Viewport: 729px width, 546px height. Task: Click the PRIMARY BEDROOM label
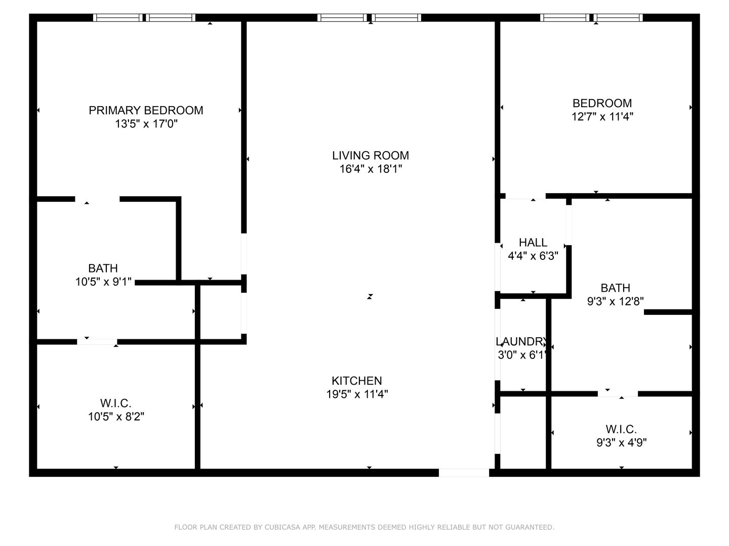(x=146, y=110)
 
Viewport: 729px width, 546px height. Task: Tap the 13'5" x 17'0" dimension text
(x=146, y=124)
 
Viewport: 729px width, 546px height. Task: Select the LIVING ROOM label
(x=371, y=156)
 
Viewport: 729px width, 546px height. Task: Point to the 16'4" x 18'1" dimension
(x=371, y=169)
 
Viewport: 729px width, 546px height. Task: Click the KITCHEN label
(x=357, y=381)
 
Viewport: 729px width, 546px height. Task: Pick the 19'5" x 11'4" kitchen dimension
(x=357, y=394)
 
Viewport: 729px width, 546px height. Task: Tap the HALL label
(x=533, y=243)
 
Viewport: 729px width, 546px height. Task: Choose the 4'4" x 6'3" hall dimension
(x=533, y=256)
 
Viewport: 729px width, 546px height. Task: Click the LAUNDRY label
(x=521, y=341)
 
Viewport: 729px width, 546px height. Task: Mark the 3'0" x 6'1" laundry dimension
(x=522, y=355)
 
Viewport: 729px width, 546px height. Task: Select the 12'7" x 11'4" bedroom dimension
(x=602, y=117)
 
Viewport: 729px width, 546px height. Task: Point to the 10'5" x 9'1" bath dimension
(x=103, y=282)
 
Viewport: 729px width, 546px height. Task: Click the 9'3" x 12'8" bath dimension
(x=616, y=301)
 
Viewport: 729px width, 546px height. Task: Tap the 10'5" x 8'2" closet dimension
(x=116, y=417)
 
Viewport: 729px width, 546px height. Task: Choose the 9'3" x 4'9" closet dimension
(x=621, y=442)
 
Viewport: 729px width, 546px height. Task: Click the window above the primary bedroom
(x=144, y=18)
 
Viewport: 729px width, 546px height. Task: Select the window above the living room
(x=370, y=18)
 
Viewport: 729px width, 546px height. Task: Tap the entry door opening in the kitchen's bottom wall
(x=464, y=473)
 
